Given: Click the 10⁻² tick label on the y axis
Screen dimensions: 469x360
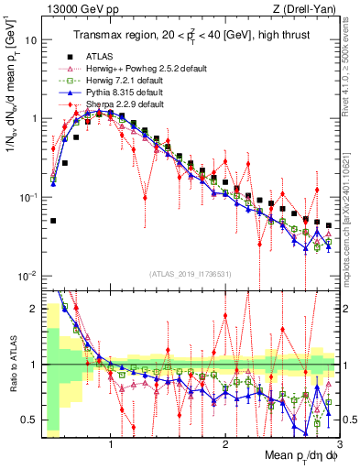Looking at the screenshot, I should coord(28,277).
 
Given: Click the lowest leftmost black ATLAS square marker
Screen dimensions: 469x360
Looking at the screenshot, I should coord(54,221).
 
